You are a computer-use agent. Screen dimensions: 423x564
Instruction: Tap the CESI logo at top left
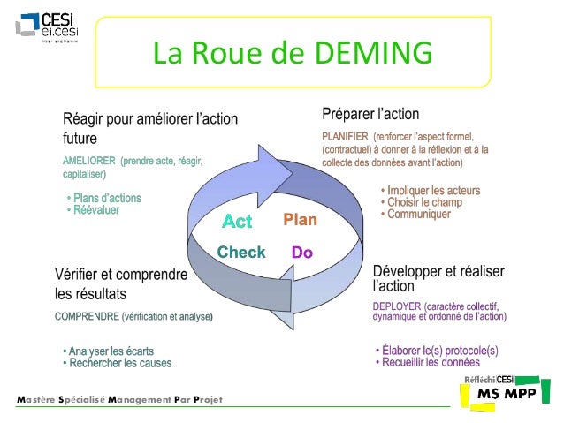point(48,28)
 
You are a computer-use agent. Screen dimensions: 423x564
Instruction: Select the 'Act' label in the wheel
point(237,220)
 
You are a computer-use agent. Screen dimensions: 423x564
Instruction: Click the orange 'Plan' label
point(300,219)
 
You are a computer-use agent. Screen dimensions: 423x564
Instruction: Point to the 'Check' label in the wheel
point(241,253)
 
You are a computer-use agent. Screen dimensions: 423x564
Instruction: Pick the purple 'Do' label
point(302,253)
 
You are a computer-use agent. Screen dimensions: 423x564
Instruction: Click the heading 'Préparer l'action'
point(370,115)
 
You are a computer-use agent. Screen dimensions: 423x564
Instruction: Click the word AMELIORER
point(88,162)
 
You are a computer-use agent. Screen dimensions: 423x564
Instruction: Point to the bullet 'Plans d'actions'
point(106,199)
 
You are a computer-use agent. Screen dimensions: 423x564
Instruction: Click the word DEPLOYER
point(402,306)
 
